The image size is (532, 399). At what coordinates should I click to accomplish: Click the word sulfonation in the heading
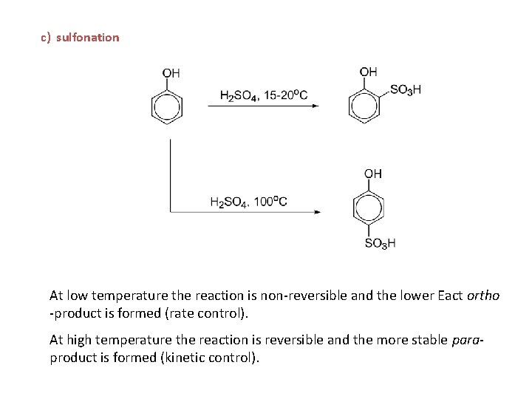[87, 37]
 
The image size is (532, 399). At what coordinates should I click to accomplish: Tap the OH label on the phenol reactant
[171, 72]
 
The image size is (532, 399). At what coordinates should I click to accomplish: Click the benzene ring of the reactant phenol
[167, 108]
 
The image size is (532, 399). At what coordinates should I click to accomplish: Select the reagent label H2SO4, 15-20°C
[263, 95]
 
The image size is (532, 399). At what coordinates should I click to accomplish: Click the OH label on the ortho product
[368, 72]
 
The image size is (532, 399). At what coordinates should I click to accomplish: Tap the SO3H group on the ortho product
[405, 89]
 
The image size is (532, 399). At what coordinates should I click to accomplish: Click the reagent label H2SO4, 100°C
[248, 201]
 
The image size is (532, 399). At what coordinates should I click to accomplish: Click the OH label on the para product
[373, 173]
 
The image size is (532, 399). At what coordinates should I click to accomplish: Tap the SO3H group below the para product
[380, 243]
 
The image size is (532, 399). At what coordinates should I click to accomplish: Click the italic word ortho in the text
[483, 296]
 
